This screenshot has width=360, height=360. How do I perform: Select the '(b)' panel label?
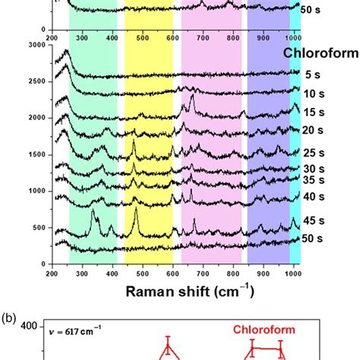click(x=11, y=313)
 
